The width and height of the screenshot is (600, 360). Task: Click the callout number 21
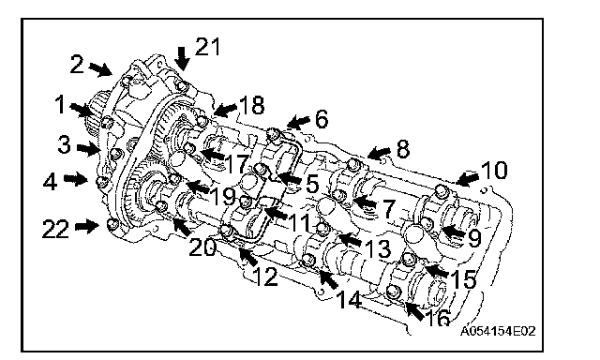208,47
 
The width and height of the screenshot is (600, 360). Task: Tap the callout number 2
77,64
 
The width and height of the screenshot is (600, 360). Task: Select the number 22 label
55,229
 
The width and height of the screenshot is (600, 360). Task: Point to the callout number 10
494,170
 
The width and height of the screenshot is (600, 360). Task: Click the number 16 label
438,317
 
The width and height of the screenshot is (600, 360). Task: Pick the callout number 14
350,299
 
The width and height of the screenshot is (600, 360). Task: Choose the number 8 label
403,149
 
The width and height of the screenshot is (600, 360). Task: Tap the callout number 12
265,277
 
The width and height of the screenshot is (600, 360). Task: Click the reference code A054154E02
498,331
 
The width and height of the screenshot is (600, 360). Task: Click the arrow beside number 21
183,58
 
